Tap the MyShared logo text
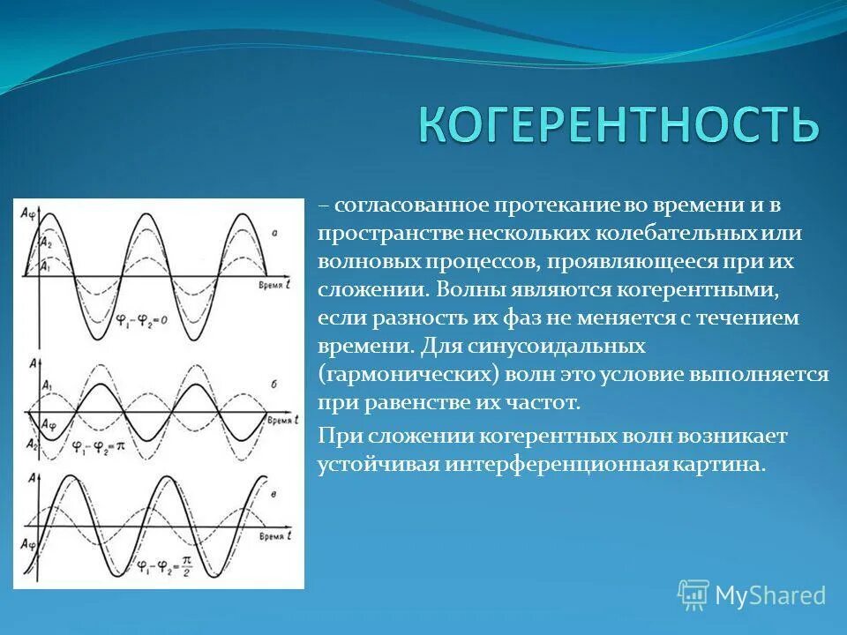(x=769, y=595)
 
